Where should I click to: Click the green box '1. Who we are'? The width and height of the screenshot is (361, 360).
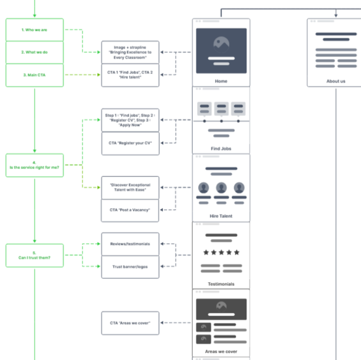35,30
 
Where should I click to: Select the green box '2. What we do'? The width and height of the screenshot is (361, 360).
35,52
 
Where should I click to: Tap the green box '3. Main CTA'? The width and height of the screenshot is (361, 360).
35,75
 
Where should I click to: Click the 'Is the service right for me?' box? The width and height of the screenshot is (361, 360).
35,165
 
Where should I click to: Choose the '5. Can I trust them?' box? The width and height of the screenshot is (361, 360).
35,255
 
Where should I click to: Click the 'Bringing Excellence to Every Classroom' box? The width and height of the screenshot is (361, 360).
130,52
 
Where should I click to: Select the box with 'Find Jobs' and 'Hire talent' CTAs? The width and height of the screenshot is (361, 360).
130,75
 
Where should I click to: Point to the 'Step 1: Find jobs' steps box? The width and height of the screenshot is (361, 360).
130,120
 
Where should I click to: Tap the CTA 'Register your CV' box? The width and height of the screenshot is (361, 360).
130,143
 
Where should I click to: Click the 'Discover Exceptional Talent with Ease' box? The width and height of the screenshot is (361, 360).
130,187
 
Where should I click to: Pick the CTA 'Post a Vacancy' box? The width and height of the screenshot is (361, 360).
130,210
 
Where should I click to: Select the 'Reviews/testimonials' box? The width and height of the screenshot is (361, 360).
130,244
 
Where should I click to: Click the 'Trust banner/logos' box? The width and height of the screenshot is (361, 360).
130,266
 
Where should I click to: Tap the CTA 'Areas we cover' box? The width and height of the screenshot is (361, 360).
130,323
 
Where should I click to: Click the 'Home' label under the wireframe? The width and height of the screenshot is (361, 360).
221,81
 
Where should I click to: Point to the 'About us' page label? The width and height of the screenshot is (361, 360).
336,81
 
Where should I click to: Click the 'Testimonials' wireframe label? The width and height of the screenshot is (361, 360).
221,284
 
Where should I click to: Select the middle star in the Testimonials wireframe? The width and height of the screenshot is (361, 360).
221,252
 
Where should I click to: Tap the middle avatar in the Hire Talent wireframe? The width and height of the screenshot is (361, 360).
221,187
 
